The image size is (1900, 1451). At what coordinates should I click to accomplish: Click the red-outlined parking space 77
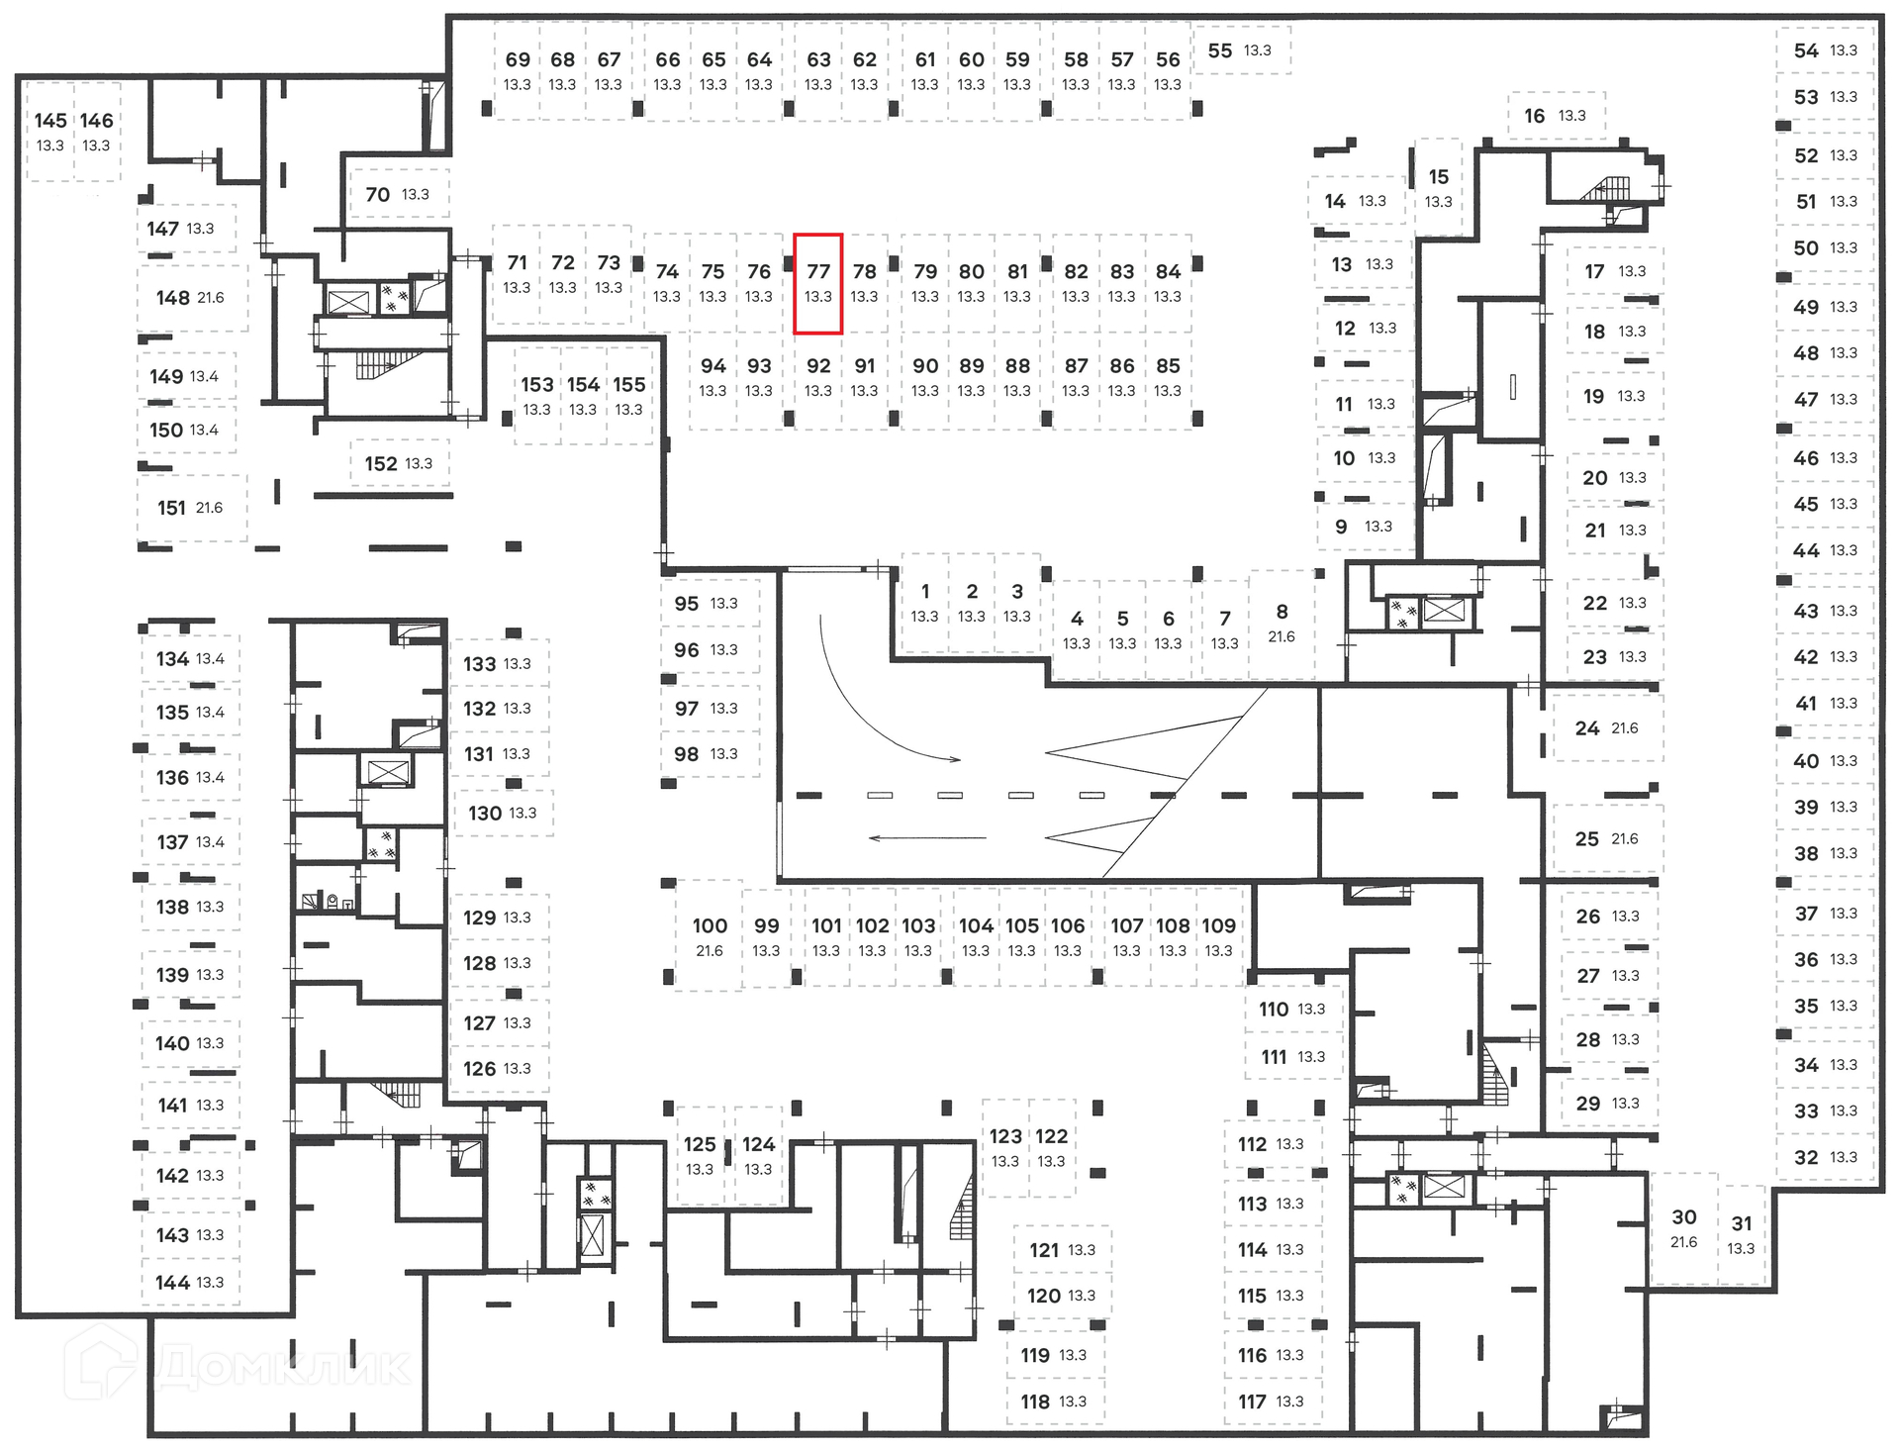coord(817,283)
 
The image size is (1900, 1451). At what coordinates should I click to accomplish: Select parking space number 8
coord(1282,623)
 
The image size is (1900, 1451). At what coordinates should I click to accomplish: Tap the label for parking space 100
coord(710,926)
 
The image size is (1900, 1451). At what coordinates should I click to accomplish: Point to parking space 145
coord(50,131)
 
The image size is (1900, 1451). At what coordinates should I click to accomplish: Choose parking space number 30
coord(1683,1227)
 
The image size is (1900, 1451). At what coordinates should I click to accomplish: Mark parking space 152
coord(398,463)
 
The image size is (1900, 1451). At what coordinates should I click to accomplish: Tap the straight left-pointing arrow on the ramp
coord(926,838)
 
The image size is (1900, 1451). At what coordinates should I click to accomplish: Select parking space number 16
coord(1555,116)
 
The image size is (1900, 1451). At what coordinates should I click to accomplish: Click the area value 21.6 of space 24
coord(1624,728)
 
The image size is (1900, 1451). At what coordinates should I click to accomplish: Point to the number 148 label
coord(173,298)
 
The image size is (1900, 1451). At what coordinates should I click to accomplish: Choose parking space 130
coord(502,813)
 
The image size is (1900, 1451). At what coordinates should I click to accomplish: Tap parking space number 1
coord(924,602)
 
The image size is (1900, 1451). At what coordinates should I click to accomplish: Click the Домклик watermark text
coord(282,1367)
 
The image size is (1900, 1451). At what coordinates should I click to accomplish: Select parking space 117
coord(1271,1402)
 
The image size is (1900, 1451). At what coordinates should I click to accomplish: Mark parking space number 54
coord(1825,50)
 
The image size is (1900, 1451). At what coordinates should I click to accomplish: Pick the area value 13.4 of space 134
coord(210,659)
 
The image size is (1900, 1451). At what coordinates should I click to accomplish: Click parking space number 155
coord(628,395)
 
